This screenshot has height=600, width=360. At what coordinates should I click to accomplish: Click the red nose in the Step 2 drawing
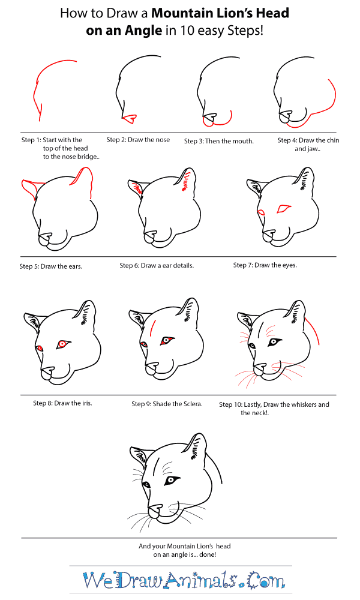(128, 117)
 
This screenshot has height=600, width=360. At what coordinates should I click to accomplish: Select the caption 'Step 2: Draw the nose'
(138, 140)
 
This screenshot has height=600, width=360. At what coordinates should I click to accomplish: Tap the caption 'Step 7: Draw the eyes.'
(265, 265)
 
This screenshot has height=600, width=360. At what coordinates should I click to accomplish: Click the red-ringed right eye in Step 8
(62, 344)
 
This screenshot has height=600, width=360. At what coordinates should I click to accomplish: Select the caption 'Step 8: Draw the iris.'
(62, 403)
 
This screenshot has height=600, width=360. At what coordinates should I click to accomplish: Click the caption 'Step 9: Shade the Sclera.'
(167, 404)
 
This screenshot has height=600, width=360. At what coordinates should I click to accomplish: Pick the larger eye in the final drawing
(172, 479)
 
